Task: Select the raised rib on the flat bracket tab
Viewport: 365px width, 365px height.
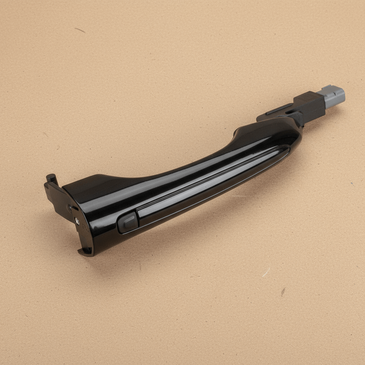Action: tap(278, 109)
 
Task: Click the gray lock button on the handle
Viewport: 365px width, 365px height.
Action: tap(128, 222)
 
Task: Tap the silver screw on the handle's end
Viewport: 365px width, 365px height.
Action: tap(77, 221)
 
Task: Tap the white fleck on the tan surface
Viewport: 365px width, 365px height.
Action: tap(266, 272)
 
